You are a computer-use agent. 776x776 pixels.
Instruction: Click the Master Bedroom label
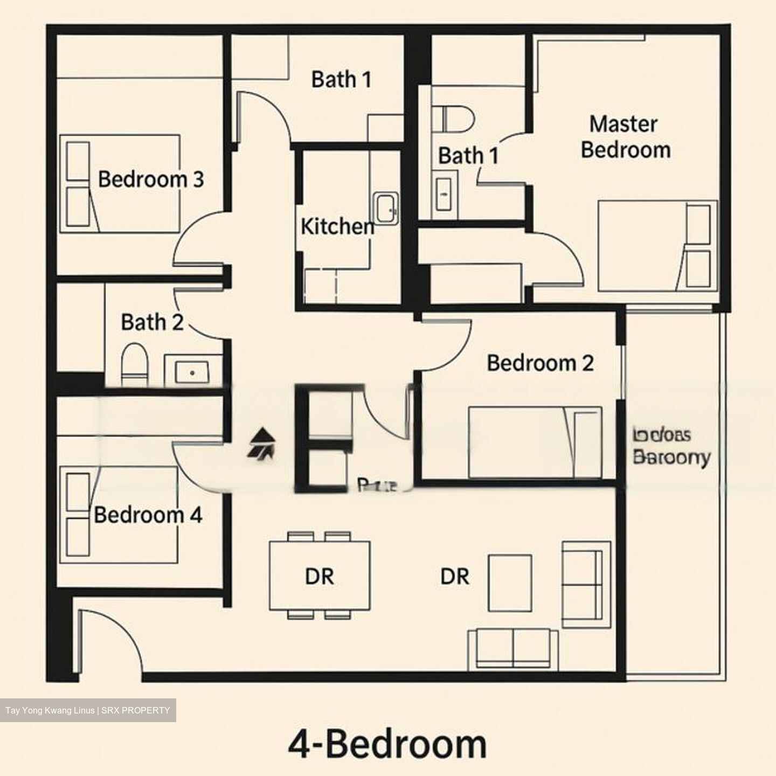(625, 137)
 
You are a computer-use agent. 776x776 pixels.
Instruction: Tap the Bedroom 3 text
(151, 179)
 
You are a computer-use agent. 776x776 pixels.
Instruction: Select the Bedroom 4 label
(148, 515)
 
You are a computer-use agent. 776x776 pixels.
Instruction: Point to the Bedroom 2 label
(540, 363)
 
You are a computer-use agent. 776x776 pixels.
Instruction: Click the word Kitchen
(337, 226)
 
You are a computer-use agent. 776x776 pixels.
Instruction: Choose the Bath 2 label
(152, 322)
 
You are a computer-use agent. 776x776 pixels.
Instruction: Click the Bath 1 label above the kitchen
(341, 79)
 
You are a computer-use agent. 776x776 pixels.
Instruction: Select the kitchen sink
(385, 208)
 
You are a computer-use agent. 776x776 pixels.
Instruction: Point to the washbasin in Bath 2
(192, 371)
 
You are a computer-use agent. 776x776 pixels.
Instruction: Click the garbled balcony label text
(671, 446)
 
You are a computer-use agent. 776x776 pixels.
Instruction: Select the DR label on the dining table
(320, 577)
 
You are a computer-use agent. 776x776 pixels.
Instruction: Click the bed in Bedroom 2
(535, 442)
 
